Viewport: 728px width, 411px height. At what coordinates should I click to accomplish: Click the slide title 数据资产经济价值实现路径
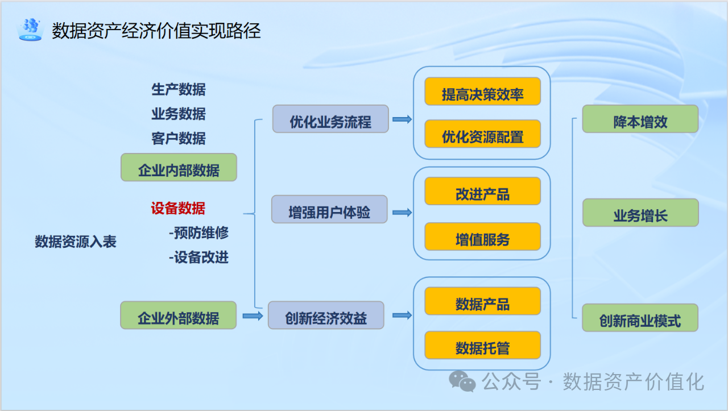pos(156,31)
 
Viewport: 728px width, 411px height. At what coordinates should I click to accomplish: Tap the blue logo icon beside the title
pos(30,29)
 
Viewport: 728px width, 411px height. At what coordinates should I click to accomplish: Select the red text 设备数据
pos(178,209)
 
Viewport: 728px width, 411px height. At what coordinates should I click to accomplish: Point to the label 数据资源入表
pos(76,242)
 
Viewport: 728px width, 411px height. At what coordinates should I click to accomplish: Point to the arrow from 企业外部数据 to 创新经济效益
pos(252,315)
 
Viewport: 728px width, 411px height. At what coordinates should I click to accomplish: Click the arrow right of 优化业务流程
pos(402,119)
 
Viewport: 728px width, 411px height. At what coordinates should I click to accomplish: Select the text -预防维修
pos(198,233)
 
